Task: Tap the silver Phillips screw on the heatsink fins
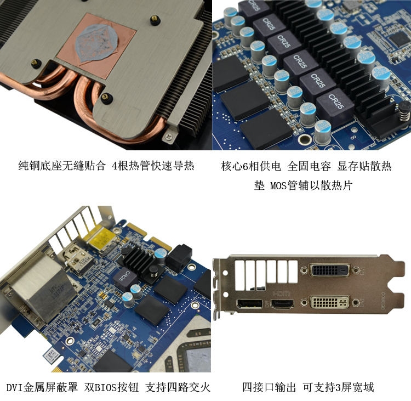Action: (x=169, y=136)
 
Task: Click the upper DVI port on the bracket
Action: (x=330, y=270)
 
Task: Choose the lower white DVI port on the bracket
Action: (x=330, y=302)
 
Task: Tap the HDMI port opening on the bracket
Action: (x=282, y=304)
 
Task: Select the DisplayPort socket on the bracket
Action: (x=249, y=304)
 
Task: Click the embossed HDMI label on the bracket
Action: (x=282, y=293)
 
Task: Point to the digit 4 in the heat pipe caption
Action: (x=115, y=166)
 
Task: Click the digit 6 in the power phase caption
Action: (x=246, y=166)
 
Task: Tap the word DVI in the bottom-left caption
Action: (x=14, y=387)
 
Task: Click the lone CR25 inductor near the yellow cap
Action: (x=125, y=279)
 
